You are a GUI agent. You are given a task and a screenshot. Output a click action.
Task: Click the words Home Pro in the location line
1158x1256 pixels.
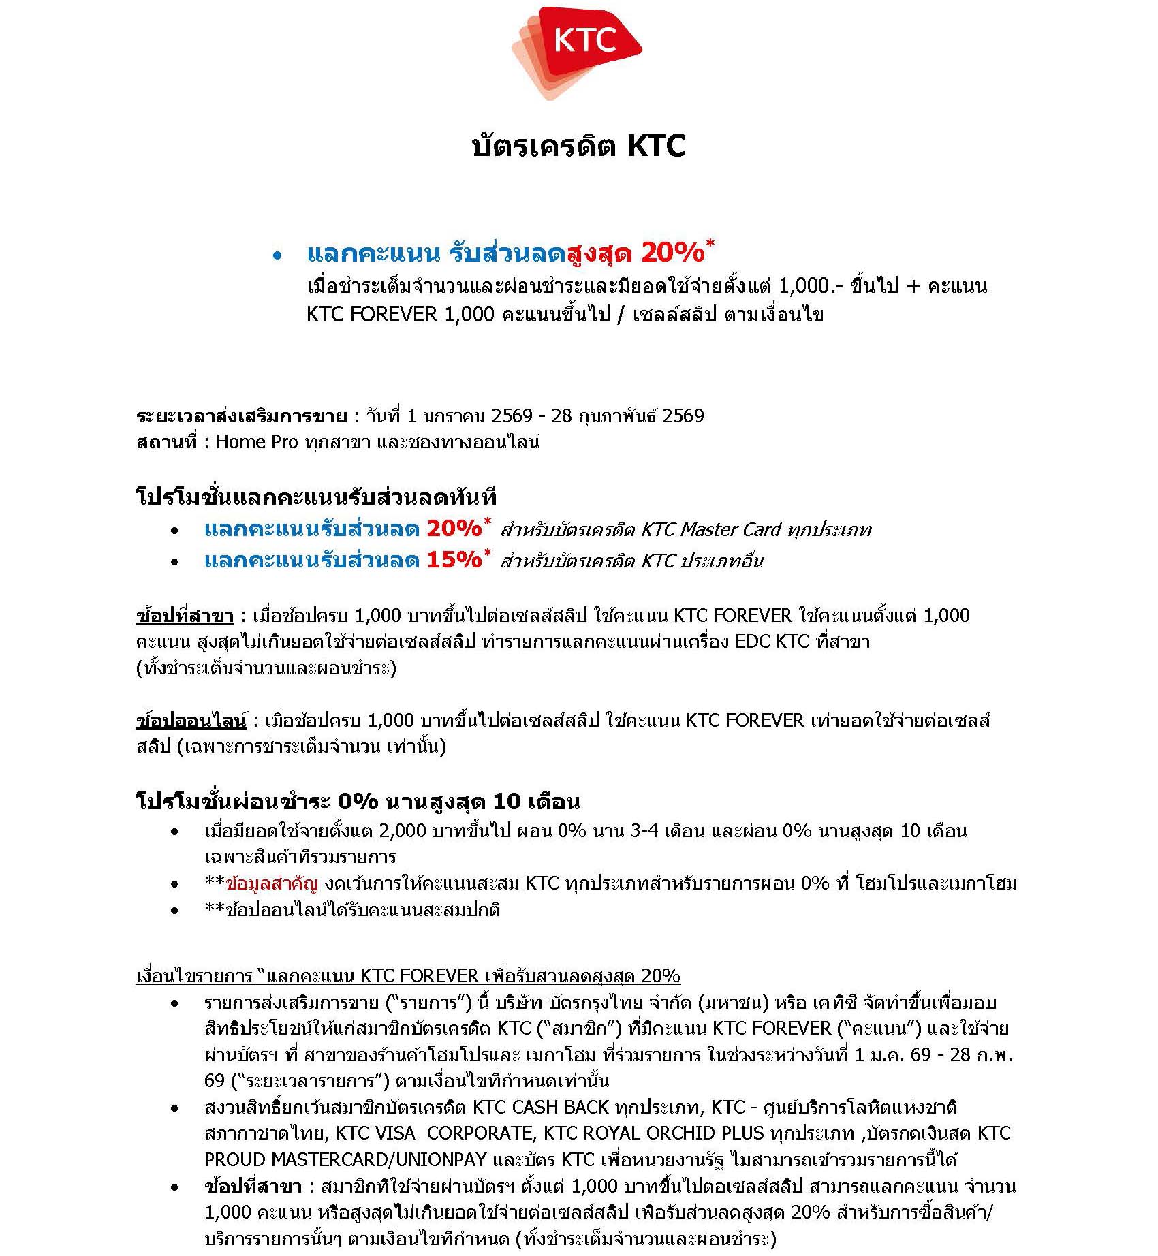click(257, 442)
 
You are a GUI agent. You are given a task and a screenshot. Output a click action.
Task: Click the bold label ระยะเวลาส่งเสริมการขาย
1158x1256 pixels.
click(241, 415)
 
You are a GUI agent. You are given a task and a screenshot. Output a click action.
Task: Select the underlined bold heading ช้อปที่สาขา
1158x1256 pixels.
click(185, 616)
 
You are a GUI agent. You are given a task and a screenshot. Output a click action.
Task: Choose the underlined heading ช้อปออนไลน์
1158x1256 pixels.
click(191, 720)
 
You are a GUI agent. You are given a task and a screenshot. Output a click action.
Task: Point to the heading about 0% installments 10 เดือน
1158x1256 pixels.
click(358, 801)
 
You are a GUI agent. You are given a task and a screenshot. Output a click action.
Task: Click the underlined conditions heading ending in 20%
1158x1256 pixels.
click(408, 976)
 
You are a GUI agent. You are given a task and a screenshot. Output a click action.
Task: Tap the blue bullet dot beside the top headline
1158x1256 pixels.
click(277, 256)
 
